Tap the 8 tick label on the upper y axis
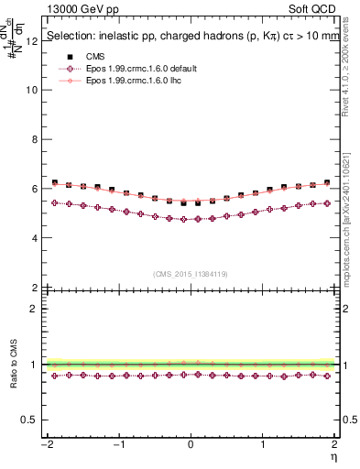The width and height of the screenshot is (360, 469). [x=35, y=140]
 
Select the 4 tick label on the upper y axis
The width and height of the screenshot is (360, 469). [x=35, y=238]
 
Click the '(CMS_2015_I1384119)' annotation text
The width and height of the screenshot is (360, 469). [x=191, y=274]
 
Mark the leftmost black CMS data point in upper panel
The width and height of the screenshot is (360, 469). [x=55, y=182]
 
